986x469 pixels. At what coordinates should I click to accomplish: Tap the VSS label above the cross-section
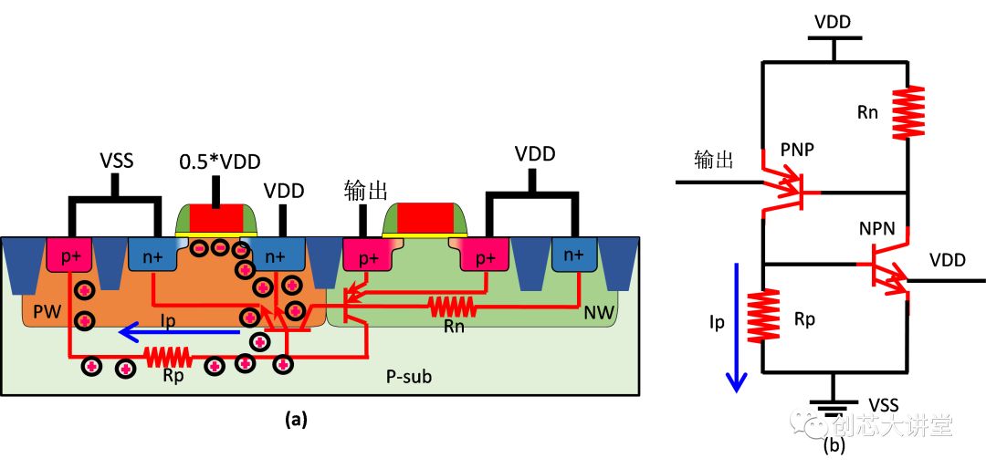pos(116,162)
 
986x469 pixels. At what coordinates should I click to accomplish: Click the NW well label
pos(598,313)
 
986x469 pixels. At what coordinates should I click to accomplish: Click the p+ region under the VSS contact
pos(70,257)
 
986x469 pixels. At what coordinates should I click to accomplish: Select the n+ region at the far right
pos(574,256)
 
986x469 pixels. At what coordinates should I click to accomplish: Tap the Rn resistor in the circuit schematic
pos(909,112)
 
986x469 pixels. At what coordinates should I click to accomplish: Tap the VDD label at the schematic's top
pos(833,21)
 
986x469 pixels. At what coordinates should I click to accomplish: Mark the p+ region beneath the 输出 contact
pos(368,258)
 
